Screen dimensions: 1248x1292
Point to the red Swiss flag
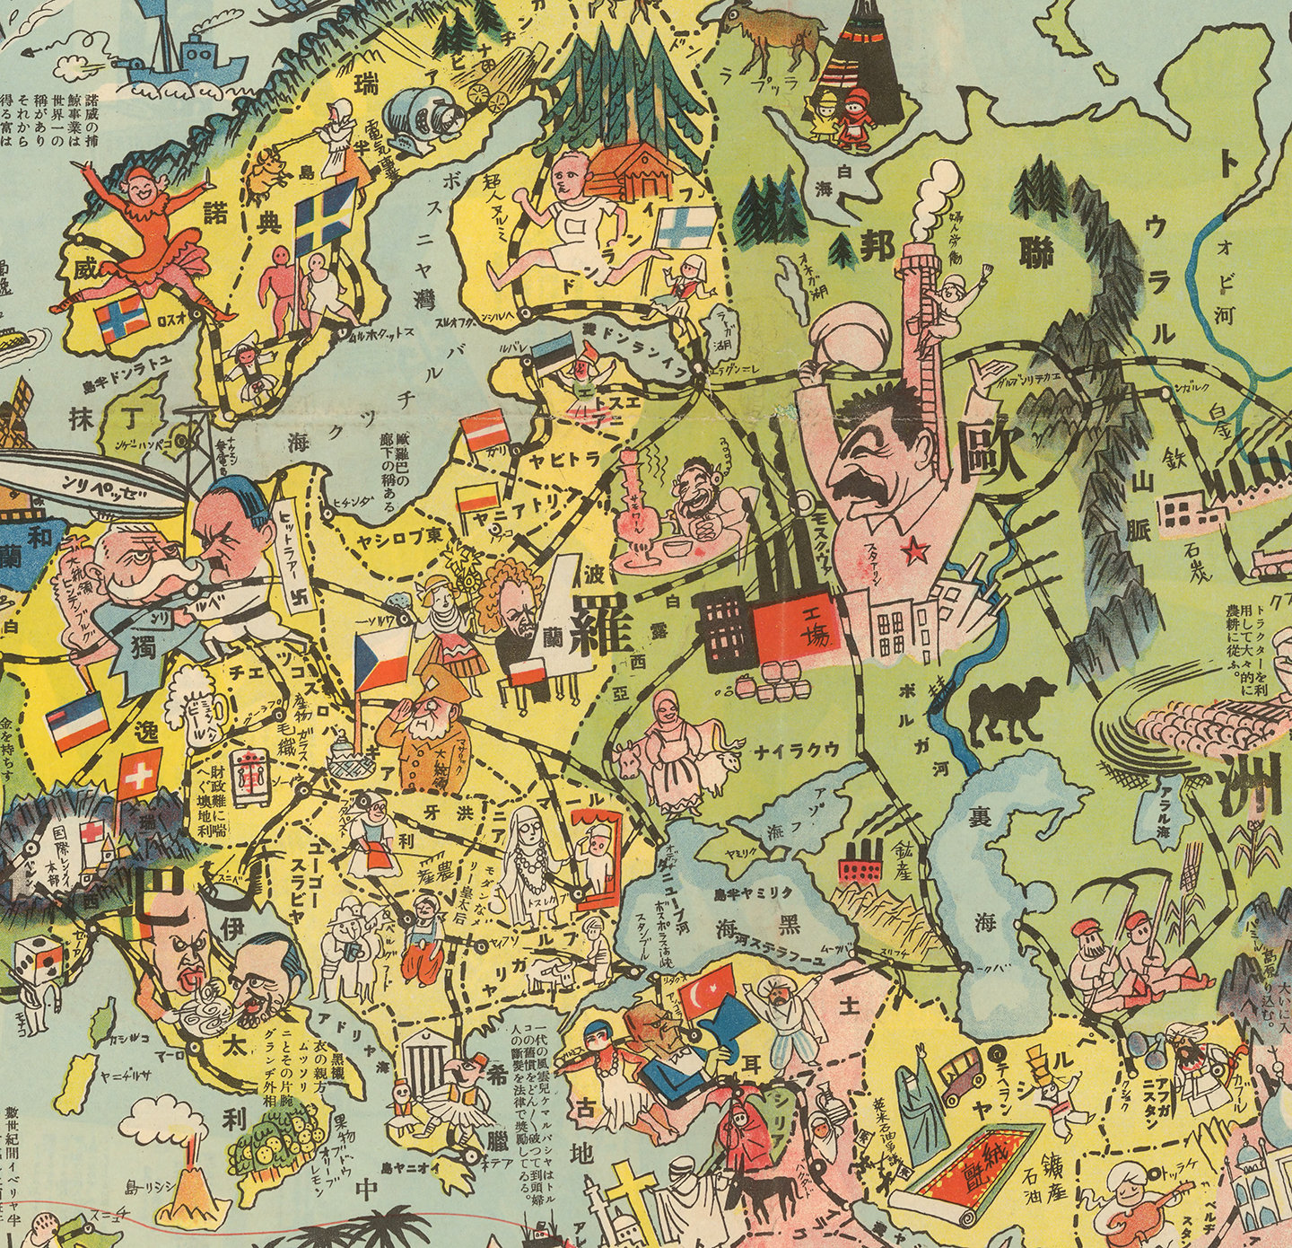pos(139,774)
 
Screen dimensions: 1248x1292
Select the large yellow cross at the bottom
pos(629,1203)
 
